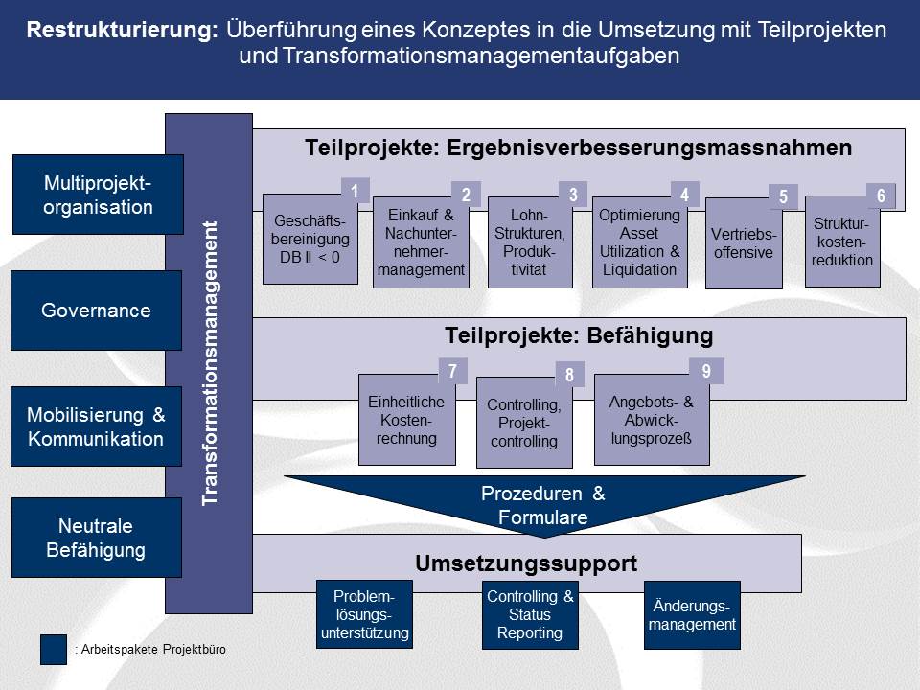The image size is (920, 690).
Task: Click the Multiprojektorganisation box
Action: [x=98, y=195]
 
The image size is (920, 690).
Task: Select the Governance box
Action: [x=96, y=310]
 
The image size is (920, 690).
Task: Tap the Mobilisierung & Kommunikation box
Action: [x=96, y=426]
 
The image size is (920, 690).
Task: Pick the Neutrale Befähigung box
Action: [x=97, y=538]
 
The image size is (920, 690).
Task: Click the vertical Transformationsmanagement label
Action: [x=210, y=363]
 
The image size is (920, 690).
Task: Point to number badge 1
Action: [x=355, y=191]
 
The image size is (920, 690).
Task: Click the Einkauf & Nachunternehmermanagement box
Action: [x=421, y=242]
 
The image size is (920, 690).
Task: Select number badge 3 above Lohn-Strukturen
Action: [x=573, y=195]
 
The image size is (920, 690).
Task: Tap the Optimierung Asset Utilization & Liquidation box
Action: [x=639, y=242]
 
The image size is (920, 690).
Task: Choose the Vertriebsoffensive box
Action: [x=744, y=242]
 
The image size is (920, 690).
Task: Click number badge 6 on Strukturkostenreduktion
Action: [x=882, y=195]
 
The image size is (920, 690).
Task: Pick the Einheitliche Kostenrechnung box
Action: [x=407, y=420]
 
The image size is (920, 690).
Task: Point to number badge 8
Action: [x=569, y=375]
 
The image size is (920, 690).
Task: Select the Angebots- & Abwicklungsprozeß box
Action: [x=652, y=420]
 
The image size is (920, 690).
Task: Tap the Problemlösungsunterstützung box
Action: [x=364, y=614]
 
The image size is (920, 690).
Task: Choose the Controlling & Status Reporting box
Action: [x=530, y=614]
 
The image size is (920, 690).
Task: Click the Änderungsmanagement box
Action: [x=692, y=615]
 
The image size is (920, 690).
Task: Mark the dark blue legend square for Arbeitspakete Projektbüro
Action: [x=54, y=650]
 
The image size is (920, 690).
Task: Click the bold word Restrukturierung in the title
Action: [x=123, y=30]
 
